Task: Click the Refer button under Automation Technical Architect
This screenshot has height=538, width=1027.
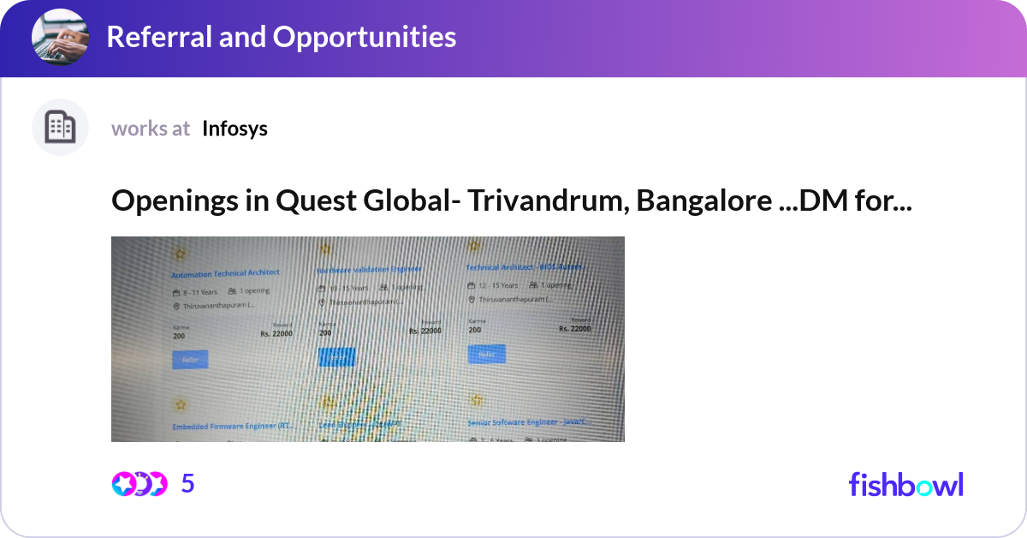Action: pos(190,360)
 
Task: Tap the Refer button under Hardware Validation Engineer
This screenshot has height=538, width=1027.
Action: pos(336,356)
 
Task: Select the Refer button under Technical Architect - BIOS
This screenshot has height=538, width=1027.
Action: pos(486,354)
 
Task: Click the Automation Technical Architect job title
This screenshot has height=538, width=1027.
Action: pos(225,273)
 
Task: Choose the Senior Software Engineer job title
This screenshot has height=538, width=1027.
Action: pos(527,422)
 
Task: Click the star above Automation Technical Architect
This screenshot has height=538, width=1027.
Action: pos(180,254)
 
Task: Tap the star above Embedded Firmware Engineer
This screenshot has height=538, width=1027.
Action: pos(181,404)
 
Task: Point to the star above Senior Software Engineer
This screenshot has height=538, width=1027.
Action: pos(477,400)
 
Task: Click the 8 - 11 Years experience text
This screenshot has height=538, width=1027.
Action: pos(196,291)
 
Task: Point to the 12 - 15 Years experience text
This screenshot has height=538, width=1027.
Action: pos(498,285)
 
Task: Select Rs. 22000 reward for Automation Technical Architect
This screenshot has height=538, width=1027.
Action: pos(276,333)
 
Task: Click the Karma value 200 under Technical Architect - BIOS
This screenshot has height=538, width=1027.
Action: pos(475,330)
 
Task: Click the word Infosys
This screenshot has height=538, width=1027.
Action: pos(235,129)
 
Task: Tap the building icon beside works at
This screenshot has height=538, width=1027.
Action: pos(60,128)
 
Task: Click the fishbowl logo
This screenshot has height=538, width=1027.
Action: pos(905,484)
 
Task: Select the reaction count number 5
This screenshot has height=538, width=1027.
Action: pos(188,484)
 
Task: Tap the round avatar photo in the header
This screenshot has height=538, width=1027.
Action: pos(60,37)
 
